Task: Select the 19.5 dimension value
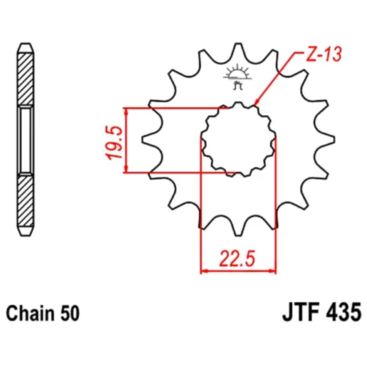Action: click(116, 141)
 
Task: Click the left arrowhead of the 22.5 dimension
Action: click(205, 270)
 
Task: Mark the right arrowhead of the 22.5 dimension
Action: click(272, 270)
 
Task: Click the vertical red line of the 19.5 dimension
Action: click(126, 140)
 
